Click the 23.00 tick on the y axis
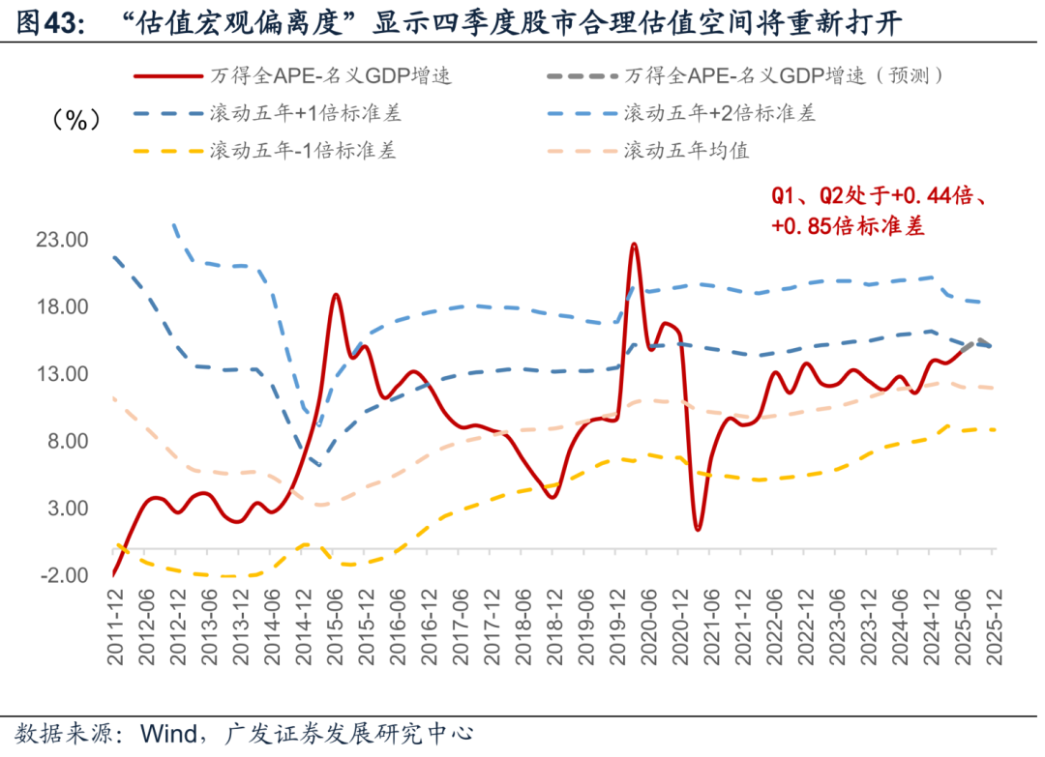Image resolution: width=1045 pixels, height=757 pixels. click(63, 240)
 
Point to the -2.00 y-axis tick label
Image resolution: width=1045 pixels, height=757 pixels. click(63, 575)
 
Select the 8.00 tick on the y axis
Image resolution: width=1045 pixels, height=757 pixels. click(66, 441)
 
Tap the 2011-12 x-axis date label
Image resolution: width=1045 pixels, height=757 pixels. click(115, 628)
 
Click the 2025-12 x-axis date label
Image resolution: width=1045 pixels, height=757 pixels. click(992, 628)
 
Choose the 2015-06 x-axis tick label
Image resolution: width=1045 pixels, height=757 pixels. click(336, 628)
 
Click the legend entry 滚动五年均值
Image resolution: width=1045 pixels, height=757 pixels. click(686, 151)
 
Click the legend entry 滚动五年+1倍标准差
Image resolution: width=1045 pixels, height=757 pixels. click(305, 113)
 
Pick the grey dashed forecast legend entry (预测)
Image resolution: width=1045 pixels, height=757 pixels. click(784, 75)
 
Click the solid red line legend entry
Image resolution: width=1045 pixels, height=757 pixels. click(330, 75)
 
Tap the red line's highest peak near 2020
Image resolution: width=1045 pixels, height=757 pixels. click(634, 245)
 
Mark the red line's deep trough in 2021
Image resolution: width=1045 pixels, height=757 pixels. click(698, 529)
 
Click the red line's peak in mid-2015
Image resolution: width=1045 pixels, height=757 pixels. click(336, 295)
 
